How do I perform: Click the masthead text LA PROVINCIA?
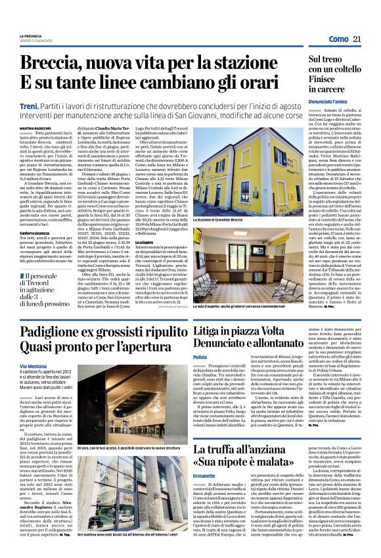(x=31, y=35)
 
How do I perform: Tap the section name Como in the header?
(x=338, y=39)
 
